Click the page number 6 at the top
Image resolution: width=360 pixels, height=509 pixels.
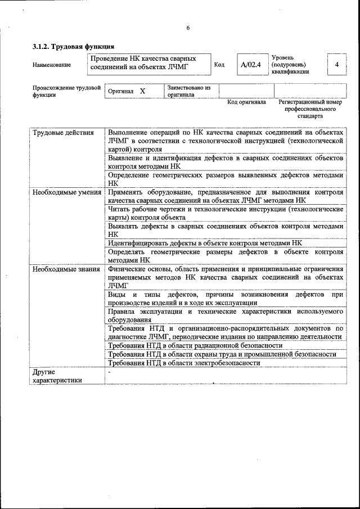coord(188,28)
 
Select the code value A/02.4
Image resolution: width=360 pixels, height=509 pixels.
coord(250,65)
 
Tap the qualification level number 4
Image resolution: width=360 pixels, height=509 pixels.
coord(336,65)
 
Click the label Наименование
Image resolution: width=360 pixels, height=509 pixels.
coord(52,65)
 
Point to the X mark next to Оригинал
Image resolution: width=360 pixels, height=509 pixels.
coord(142,91)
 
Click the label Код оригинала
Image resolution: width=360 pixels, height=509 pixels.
coord(246,102)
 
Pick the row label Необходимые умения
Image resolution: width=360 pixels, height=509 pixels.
coord(66,192)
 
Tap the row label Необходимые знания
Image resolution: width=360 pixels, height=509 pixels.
coord(66,269)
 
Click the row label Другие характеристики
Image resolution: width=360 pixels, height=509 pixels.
coord(57,376)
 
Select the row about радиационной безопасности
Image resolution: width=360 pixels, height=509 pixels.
coord(195,345)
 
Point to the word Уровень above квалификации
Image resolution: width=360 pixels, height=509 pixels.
coord(283,57)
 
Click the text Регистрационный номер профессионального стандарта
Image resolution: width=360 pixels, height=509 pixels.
coord(310,109)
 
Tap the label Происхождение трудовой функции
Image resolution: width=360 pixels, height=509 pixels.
coord(66,91)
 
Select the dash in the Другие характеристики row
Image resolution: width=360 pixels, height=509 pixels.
coord(110,372)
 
